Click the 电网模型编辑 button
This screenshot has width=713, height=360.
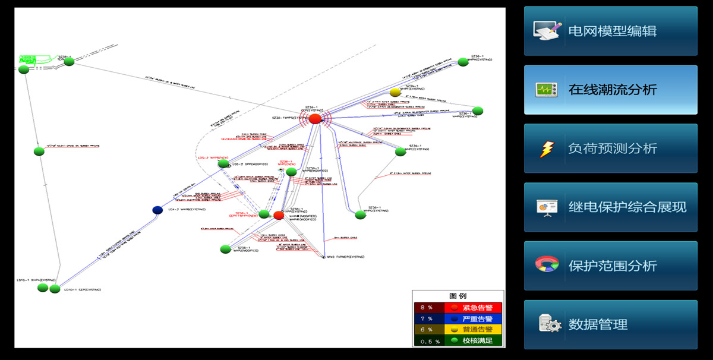tap(610, 31)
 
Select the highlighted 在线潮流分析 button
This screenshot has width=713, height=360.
tap(611, 90)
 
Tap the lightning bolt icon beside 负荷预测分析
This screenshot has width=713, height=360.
tap(547, 149)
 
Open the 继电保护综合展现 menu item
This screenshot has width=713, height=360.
tap(611, 207)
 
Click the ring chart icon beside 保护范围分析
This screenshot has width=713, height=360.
tap(547, 265)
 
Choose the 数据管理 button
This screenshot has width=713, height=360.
tap(611, 324)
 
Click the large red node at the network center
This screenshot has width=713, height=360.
tap(315, 119)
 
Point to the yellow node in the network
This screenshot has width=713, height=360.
tap(395, 92)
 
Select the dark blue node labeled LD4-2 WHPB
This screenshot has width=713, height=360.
tap(157, 210)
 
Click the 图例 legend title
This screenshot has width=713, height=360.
tap(458, 296)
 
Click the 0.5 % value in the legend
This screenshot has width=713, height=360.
tap(428, 341)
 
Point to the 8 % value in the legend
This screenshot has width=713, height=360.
tap(427, 308)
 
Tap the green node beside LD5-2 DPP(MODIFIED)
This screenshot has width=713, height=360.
tap(223, 163)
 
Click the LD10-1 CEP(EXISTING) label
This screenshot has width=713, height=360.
tap(83, 290)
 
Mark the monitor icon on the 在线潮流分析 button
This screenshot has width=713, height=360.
tap(547, 90)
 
